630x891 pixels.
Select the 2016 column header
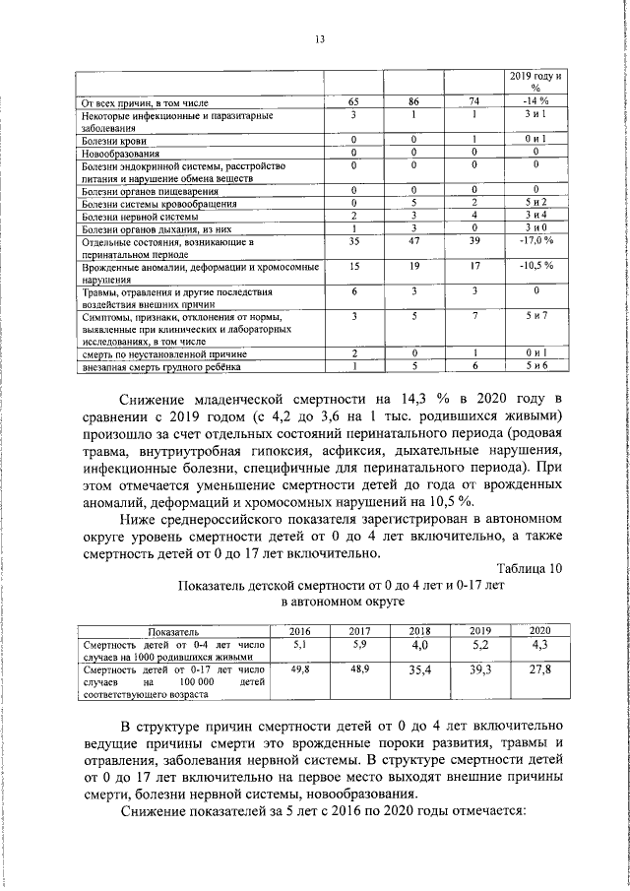(x=299, y=630)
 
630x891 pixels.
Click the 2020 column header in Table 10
(x=539, y=630)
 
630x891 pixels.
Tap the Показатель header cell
(x=173, y=630)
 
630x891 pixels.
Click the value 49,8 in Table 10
(x=299, y=668)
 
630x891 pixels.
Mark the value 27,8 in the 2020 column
(x=539, y=669)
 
